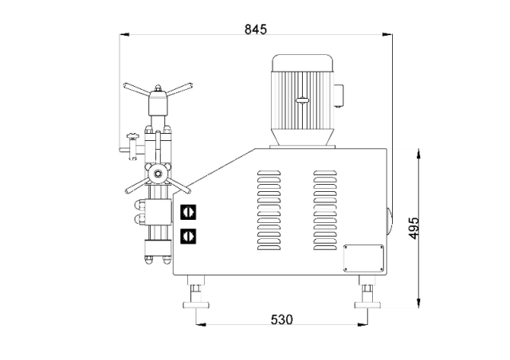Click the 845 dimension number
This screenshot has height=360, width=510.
(255, 29)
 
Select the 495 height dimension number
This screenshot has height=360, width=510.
(414, 228)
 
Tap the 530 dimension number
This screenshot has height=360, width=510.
(281, 319)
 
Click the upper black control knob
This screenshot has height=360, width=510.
(188, 212)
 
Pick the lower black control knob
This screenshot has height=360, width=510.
(188, 236)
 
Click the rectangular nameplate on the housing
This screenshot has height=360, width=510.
(364, 258)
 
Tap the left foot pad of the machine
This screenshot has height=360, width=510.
(196, 305)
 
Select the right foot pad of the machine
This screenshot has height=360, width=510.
(367, 305)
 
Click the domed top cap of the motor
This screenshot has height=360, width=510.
(303, 63)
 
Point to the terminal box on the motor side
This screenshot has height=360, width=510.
(338, 96)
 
